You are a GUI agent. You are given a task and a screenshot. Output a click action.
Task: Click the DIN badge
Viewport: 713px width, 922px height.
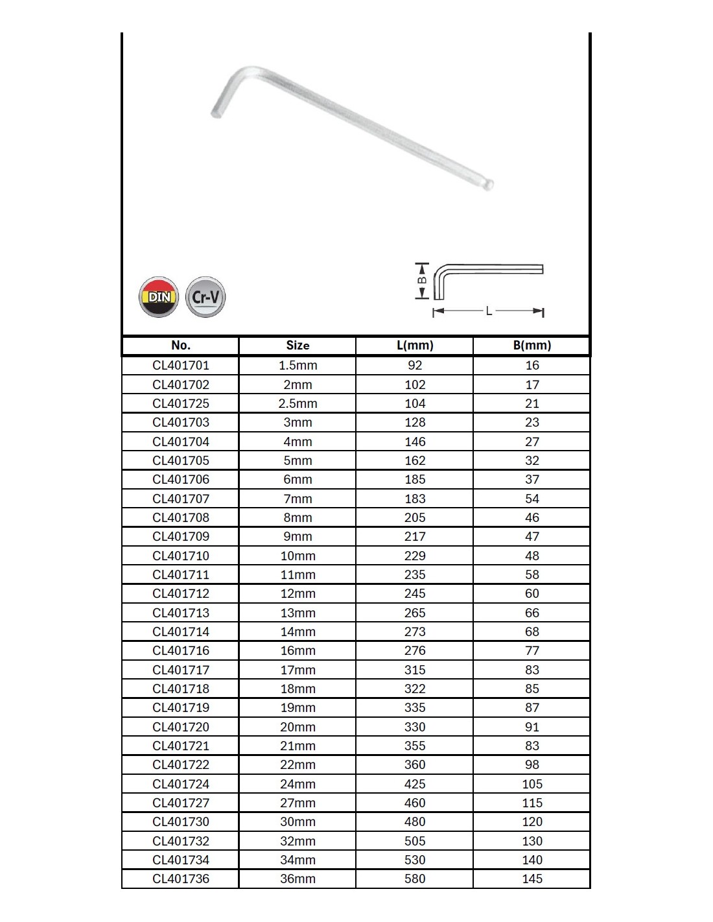[159, 297]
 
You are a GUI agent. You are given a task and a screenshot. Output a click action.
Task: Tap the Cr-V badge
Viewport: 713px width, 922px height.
[205, 297]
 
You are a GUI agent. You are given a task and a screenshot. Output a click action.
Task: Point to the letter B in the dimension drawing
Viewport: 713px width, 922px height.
[421, 281]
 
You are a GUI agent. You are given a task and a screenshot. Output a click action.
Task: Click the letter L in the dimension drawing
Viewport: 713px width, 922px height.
[489, 312]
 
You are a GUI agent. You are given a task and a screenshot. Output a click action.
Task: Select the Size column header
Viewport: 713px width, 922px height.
[298, 346]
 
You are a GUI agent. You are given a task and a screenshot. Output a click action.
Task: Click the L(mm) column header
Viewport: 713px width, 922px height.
[415, 346]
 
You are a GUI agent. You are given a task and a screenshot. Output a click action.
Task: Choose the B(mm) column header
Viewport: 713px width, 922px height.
[532, 346]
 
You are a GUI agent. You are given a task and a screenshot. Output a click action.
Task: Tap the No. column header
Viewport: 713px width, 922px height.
[181, 346]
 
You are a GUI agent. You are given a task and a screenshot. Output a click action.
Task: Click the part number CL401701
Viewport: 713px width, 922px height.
[181, 365]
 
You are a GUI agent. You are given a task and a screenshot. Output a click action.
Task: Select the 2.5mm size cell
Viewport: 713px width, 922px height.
[298, 403]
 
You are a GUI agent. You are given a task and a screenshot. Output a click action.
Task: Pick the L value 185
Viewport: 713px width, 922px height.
[415, 479]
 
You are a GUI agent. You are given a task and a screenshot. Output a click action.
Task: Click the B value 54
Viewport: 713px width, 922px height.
[532, 499]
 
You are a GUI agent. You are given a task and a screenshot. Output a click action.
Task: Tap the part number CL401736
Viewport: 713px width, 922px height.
[181, 879]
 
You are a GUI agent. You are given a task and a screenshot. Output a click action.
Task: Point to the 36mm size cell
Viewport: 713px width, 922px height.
[298, 879]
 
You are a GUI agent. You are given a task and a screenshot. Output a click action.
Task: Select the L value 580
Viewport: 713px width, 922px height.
[415, 879]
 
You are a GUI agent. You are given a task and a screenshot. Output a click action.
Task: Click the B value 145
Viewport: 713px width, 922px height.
[532, 879]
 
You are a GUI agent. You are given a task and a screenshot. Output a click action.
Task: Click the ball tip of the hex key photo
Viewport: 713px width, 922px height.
[489, 185]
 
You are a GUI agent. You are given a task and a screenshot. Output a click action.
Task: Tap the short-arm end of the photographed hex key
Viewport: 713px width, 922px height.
[216, 112]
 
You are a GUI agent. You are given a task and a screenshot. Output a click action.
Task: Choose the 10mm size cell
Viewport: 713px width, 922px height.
[298, 556]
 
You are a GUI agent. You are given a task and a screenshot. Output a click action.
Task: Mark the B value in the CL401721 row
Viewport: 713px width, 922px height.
[532, 746]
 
